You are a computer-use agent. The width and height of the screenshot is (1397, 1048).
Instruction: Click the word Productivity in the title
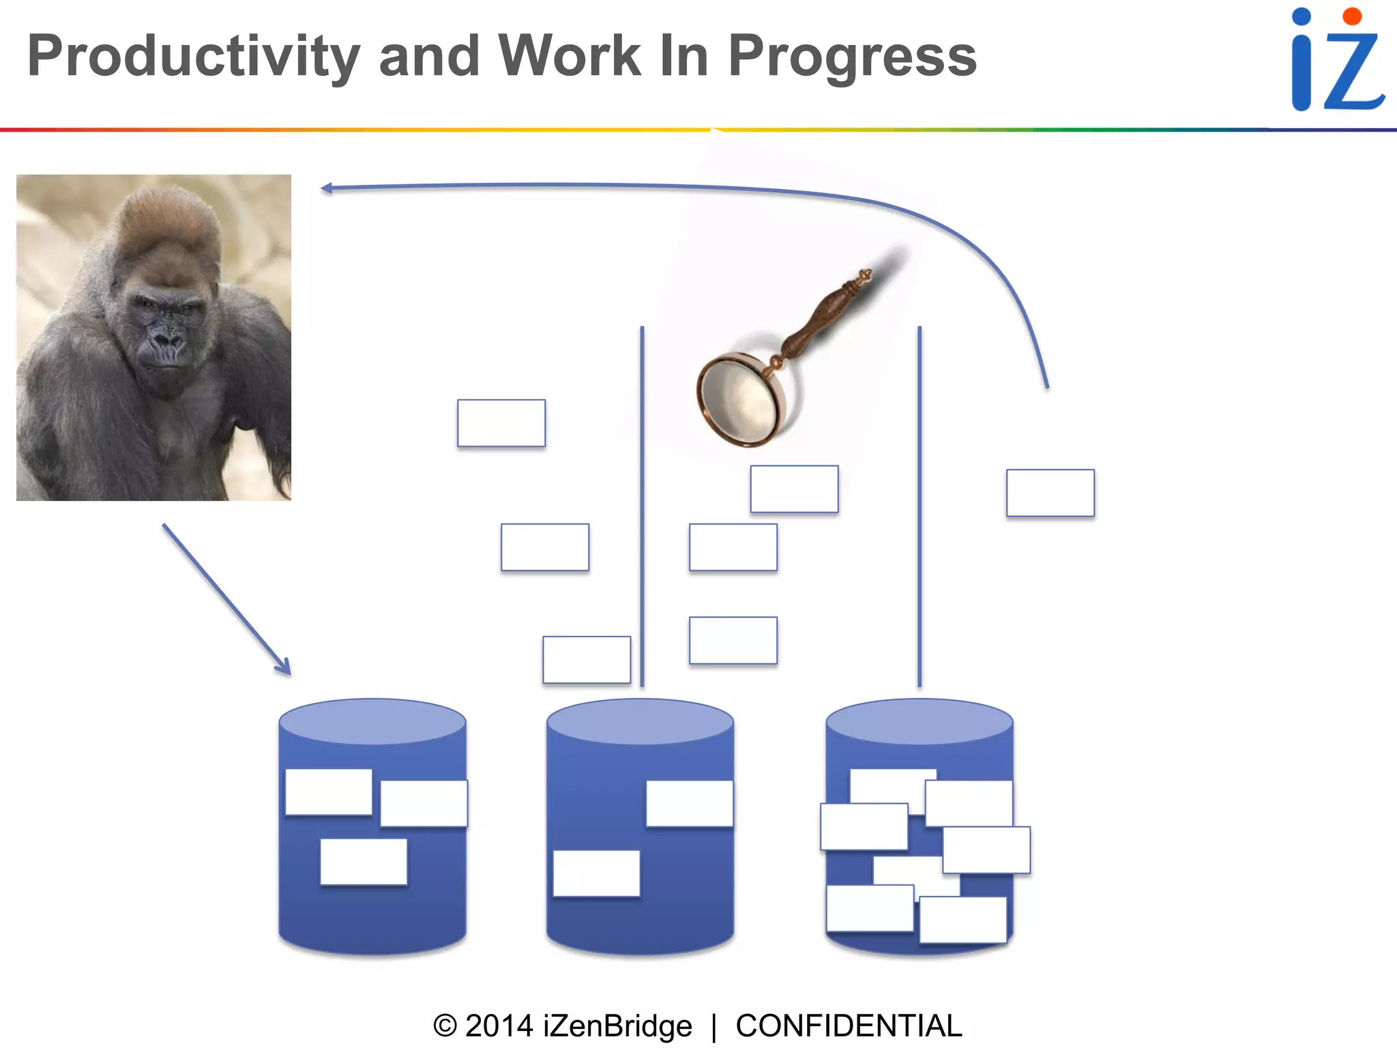(x=193, y=57)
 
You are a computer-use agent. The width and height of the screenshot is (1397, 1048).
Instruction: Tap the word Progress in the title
(x=852, y=57)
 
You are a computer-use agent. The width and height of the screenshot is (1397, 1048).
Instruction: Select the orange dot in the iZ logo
(x=1351, y=16)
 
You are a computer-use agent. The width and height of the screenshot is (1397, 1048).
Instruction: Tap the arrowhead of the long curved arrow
(x=327, y=188)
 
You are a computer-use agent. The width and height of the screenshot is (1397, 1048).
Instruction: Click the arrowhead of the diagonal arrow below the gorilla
(x=284, y=668)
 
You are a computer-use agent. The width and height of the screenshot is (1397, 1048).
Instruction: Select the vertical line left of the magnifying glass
(x=642, y=505)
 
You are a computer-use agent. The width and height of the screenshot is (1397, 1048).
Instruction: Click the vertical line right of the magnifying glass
(x=920, y=505)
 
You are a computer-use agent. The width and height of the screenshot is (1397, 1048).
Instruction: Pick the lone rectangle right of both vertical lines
(x=1050, y=493)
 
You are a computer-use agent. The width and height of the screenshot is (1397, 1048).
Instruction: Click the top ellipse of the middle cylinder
(x=640, y=721)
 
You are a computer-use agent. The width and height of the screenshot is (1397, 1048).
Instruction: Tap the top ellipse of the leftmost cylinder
(x=372, y=721)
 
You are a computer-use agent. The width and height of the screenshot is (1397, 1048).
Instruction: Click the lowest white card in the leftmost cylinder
(x=364, y=862)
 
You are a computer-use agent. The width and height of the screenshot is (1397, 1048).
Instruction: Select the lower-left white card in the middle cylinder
(x=596, y=873)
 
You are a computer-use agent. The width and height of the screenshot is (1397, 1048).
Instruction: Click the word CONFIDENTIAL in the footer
(x=848, y=1026)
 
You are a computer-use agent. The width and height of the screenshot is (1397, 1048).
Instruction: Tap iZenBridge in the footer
(x=617, y=1026)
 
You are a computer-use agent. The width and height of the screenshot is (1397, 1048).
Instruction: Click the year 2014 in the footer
(x=499, y=1026)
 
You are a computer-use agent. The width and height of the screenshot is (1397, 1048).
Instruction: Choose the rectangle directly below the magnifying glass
(x=794, y=489)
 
